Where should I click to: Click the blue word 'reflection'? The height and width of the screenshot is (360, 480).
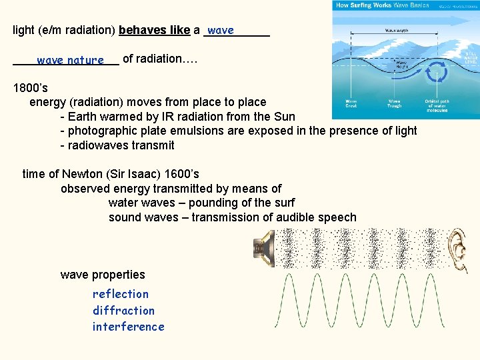click(121, 294)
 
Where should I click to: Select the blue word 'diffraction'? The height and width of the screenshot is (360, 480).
click(123, 311)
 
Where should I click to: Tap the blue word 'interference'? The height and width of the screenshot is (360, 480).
click(128, 327)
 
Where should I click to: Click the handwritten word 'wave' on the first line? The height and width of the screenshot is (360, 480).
click(221, 31)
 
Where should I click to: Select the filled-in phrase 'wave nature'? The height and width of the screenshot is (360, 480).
click(70, 61)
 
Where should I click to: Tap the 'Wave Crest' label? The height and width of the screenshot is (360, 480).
click(351, 104)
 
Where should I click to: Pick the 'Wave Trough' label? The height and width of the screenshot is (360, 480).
click(395, 104)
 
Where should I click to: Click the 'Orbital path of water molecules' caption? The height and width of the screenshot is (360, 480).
click(437, 105)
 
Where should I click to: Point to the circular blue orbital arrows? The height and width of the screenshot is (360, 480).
click(437, 71)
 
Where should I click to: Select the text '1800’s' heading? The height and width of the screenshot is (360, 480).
click(31, 87)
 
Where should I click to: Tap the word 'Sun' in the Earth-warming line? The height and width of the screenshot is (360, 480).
click(283, 117)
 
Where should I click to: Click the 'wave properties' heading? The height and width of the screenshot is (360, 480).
click(103, 275)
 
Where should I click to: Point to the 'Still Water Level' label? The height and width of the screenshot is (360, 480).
click(471, 57)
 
